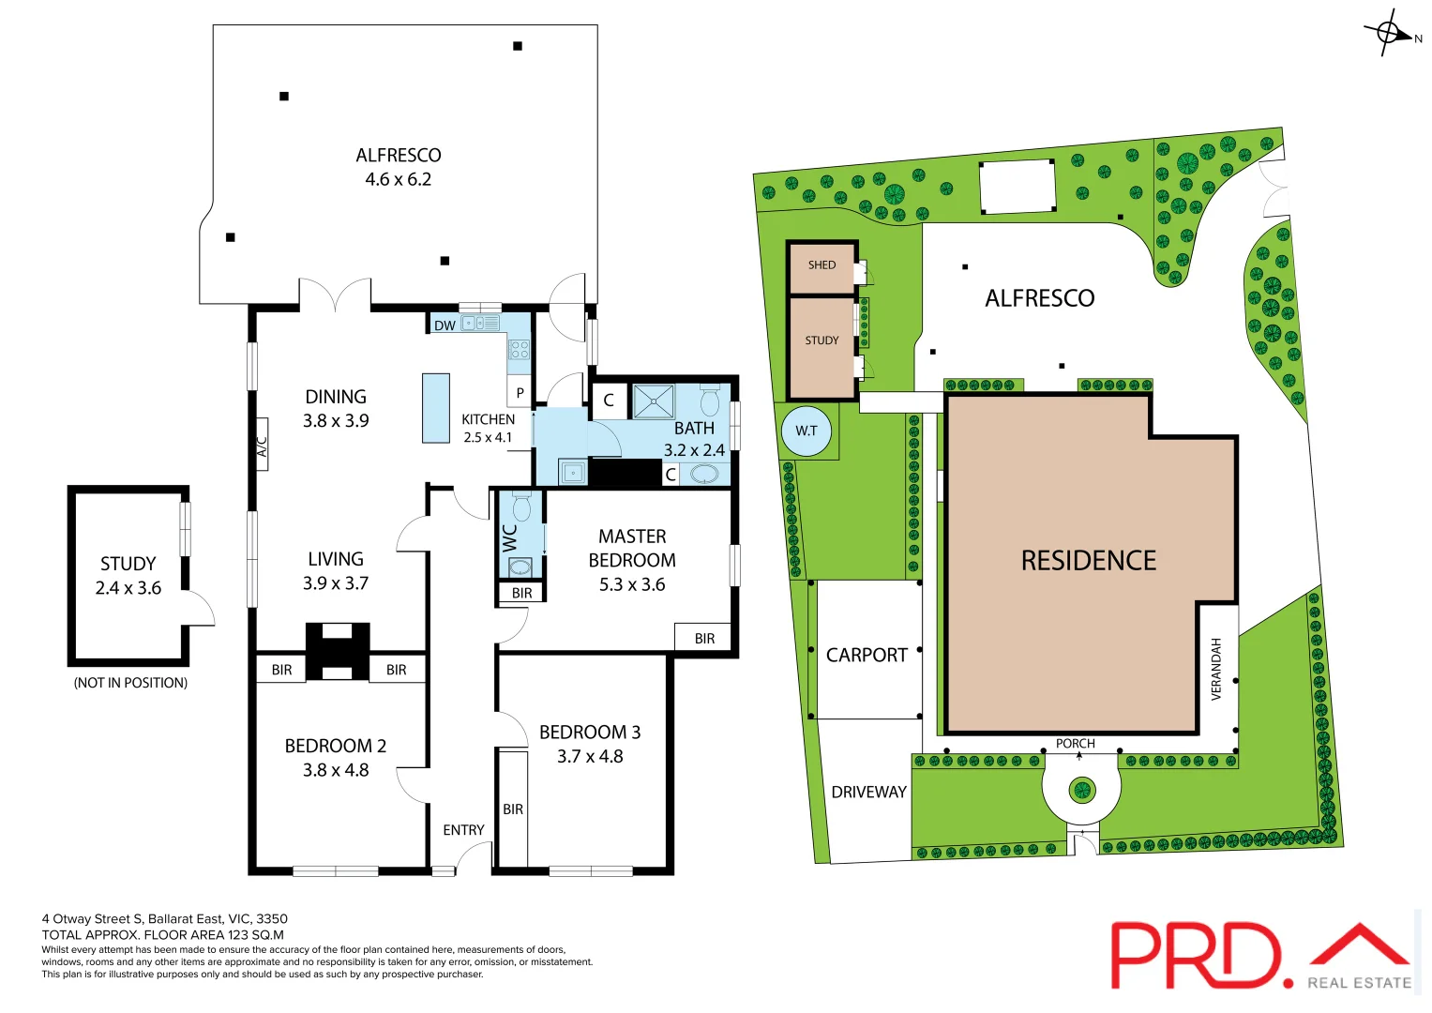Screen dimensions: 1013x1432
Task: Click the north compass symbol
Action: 1389,34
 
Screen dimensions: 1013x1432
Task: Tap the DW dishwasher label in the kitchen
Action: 445,325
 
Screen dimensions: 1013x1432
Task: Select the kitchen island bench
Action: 435,408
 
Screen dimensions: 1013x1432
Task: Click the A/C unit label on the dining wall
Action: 263,446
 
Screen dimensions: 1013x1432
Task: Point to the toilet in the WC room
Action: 521,507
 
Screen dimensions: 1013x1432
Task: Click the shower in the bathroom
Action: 653,401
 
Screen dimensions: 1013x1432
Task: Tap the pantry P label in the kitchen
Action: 520,393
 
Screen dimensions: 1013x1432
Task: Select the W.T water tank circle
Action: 806,431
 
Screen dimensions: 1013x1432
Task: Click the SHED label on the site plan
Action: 822,265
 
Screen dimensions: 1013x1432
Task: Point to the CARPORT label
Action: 867,656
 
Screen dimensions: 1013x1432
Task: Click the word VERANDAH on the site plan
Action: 1216,669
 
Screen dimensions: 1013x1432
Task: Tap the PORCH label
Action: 1075,744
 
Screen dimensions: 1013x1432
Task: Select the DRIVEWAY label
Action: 868,793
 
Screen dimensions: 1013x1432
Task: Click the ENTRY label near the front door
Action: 463,830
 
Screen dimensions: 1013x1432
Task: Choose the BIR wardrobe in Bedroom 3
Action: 513,809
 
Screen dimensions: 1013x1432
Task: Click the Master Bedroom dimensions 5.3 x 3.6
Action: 632,584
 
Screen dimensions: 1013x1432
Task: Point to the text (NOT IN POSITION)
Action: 130,683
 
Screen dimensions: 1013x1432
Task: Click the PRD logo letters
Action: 1196,956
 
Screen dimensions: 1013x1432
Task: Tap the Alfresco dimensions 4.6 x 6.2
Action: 398,179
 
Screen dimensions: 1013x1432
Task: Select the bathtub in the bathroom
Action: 705,475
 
